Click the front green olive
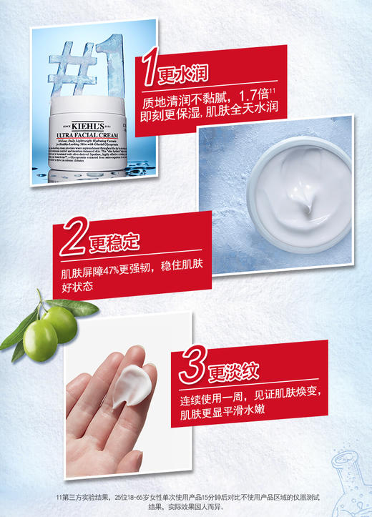40,338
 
